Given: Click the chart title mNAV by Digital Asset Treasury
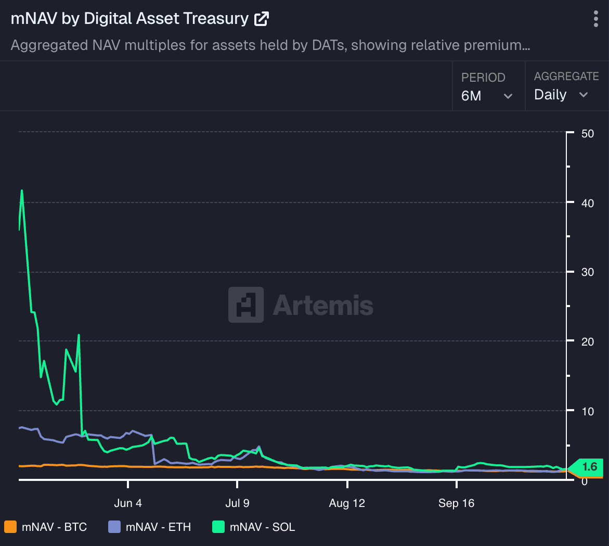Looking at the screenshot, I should click(x=129, y=19).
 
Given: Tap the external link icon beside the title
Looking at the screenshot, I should click(x=261, y=19).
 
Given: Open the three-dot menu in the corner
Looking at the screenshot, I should click(x=595, y=19).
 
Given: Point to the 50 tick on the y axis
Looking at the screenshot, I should click(x=588, y=133).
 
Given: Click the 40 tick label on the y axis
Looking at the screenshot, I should click(x=588, y=203).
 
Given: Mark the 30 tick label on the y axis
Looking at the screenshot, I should click(x=588, y=272).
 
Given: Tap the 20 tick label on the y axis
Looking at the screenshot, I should click(x=588, y=341).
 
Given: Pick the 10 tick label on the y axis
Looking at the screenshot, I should click(x=588, y=411).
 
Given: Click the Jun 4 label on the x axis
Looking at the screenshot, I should click(x=127, y=503).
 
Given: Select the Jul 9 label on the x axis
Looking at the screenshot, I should click(x=237, y=503).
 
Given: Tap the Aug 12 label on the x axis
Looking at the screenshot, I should click(x=347, y=503).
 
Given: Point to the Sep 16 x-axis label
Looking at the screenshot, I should click(x=456, y=503).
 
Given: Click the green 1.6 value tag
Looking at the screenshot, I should click(x=588, y=467).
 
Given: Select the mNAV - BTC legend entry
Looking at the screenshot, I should click(x=46, y=527).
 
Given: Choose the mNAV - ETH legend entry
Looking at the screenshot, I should click(x=150, y=527).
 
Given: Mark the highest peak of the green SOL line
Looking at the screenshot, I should click(x=22, y=191).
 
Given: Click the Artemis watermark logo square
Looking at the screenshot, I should click(x=246, y=304).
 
